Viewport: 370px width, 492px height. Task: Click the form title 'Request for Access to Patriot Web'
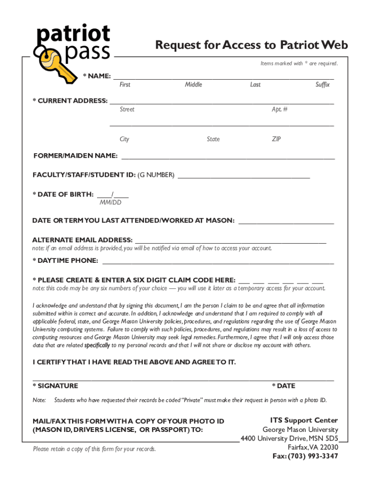tap(251, 45)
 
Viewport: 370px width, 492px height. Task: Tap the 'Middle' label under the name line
tap(194, 85)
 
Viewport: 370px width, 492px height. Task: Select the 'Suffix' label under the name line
tap(322, 85)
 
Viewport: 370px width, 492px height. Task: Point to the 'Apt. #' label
tap(280, 110)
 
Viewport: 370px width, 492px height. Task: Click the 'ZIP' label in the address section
tap(276, 139)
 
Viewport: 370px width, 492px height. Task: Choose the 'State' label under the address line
tap(213, 139)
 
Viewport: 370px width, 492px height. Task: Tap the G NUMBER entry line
tap(244, 176)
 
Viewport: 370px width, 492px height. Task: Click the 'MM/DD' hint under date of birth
tap(111, 203)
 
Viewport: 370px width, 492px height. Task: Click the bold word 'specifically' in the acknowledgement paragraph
tap(99, 345)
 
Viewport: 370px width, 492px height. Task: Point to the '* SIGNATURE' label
tap(55, 386)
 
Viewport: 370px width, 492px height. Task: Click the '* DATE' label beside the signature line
tap(284, 386)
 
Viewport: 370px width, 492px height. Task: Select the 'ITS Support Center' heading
tap(304, 420)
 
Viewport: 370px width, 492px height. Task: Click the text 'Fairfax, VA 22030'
tap(313, 447)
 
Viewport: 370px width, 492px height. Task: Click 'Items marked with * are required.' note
tap(299, 63)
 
